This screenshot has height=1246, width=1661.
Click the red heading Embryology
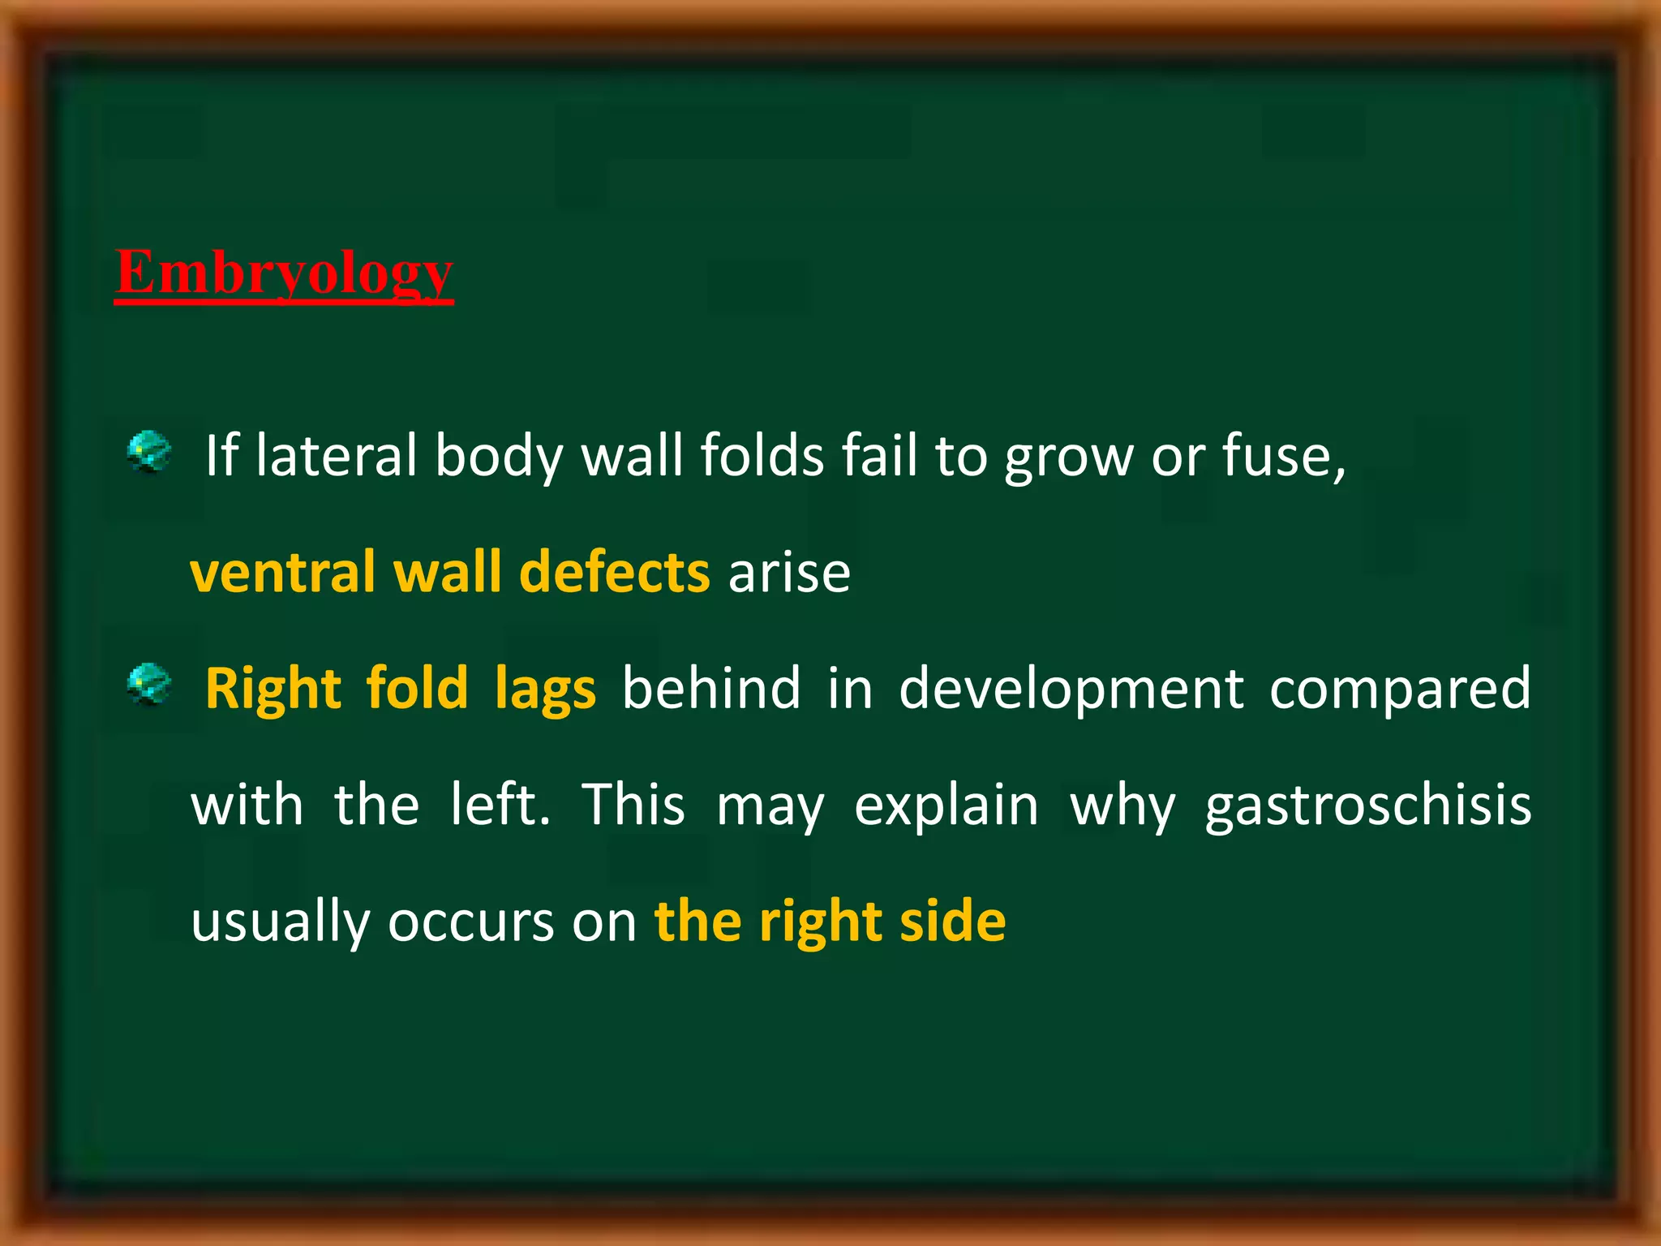[284, 273]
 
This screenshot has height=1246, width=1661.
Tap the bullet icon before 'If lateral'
[149, 452]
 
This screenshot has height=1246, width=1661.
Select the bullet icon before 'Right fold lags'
[149, 684]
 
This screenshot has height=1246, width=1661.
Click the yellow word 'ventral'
[282, 573]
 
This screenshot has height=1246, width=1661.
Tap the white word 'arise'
[789, 573]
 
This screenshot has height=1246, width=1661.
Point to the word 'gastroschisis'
[1368, 807]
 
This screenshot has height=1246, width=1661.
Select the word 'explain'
[946, 807]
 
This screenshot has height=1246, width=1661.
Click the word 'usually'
[280, 924]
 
